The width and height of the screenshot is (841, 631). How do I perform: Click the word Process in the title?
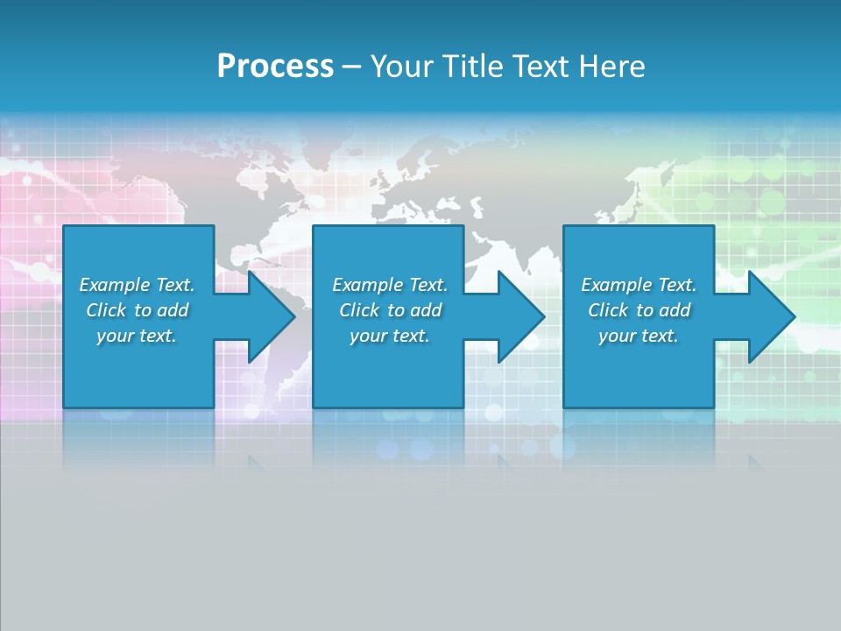(275, 67)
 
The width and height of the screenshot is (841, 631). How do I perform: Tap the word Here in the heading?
(611, 67)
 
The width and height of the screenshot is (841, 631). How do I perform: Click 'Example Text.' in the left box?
(137, 285)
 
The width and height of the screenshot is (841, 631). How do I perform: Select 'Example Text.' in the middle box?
(390, 285)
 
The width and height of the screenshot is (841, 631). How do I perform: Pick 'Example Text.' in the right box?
(639, 285)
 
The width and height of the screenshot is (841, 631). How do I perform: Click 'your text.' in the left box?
(137, 336)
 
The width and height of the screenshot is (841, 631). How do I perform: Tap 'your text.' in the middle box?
(390, 336)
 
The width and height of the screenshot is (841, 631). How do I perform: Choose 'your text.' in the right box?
(639, 336)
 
